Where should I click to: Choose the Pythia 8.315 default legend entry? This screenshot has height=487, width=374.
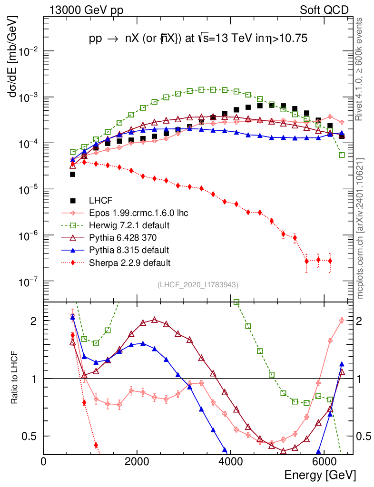[x=126, y=250]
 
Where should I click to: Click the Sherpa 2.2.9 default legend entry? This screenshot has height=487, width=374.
[x=126, y=262]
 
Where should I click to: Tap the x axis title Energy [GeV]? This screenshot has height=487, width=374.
[x=320, y=475]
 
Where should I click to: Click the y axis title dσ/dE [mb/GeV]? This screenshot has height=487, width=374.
[x=13, y=57]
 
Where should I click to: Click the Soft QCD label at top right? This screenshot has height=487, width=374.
[x=324, y=10]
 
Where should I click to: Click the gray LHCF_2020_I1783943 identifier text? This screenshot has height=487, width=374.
[x=198, y=285]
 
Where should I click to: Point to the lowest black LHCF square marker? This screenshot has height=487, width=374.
[x=72, y=174]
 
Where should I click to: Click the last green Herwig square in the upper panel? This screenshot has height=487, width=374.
[x=342, y=155]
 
